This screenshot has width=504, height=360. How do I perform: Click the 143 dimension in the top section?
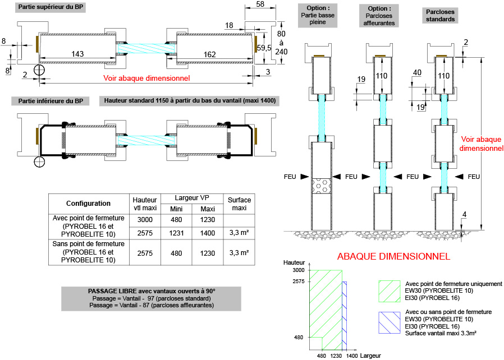(78, 54)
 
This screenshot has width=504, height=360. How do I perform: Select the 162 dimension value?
(210, 54)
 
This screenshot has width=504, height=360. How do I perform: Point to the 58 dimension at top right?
(260, 4)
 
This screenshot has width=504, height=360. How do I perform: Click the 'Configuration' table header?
(88, 204)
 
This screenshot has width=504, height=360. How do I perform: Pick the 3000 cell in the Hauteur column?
(145, 219)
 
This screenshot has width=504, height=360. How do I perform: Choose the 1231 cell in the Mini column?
(177, 232)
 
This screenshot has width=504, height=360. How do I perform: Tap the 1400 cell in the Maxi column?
(208, 232)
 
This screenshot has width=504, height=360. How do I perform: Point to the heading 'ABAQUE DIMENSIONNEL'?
(393, 257)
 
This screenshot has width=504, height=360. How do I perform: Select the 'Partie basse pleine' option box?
(318, 15)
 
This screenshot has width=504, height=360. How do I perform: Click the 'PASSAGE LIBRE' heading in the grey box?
(152, 291)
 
